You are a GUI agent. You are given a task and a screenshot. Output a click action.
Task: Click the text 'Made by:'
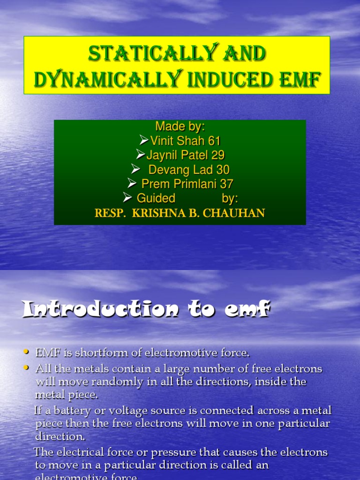[180, 127]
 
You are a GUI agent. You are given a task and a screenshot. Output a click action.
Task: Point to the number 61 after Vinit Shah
[214, 141]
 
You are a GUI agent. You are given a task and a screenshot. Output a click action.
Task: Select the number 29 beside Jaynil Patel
[218, 155]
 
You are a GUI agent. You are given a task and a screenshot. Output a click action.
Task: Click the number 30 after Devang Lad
[223, 170]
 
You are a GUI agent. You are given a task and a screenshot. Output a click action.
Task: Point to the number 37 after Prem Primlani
[227, 184]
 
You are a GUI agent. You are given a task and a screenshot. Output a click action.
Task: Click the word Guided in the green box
[156, 198]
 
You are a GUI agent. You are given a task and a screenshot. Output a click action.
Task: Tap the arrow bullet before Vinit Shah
[144, 140]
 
